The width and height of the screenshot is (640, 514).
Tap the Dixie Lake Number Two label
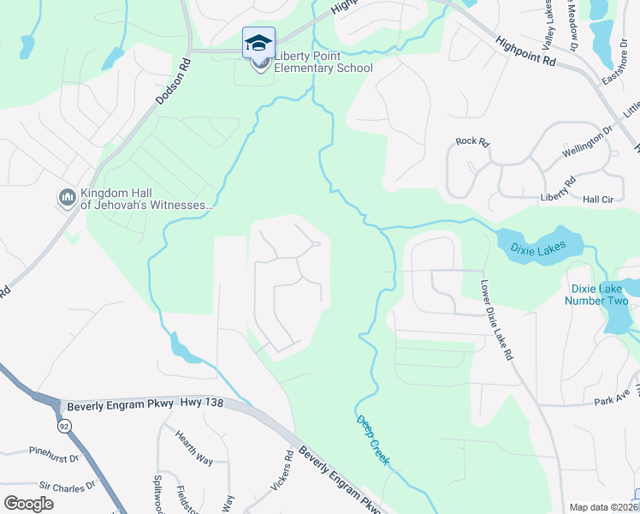(x=599, y=295)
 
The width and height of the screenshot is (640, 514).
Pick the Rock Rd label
(x=471, y=141)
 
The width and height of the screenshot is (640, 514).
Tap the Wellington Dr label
(x=589, y=143)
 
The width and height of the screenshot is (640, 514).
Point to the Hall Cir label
(x=600, y=199)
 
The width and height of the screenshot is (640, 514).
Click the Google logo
(x=28, y=504)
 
